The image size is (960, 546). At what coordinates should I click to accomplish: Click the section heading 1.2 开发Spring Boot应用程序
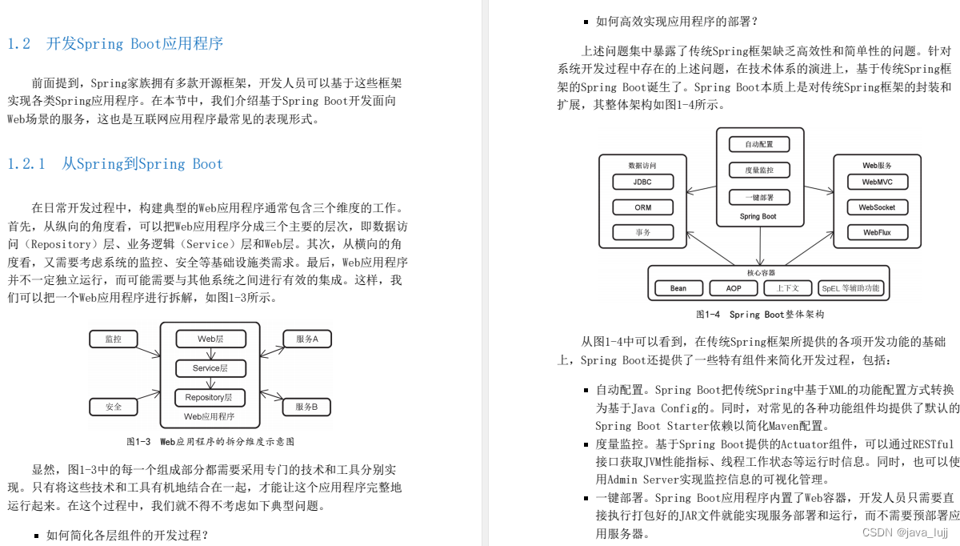115,44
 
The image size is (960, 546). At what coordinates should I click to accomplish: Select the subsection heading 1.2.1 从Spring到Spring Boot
115,164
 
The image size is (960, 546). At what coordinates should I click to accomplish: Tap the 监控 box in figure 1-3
114,339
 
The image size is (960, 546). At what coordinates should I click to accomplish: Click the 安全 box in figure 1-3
114,407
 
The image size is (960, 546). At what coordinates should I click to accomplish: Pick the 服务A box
307,339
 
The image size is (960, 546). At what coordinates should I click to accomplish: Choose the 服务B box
307,407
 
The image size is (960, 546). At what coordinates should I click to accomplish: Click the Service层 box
210,368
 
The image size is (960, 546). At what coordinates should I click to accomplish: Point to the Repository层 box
210,397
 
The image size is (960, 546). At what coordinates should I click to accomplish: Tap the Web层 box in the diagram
210,339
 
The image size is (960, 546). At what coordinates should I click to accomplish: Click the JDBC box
642,182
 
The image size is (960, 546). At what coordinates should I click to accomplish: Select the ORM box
642,207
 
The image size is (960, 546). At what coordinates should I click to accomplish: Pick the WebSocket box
877,207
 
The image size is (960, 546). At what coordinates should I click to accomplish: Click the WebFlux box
877,232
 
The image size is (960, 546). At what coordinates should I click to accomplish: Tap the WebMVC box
877,182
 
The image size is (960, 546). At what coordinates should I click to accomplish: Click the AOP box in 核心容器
733,288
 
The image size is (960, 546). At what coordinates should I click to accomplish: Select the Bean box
678,288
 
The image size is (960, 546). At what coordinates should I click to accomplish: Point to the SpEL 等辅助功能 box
850,288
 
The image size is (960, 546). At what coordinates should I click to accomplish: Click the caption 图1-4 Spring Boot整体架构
759,315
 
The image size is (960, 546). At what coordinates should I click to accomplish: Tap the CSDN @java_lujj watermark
905,532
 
